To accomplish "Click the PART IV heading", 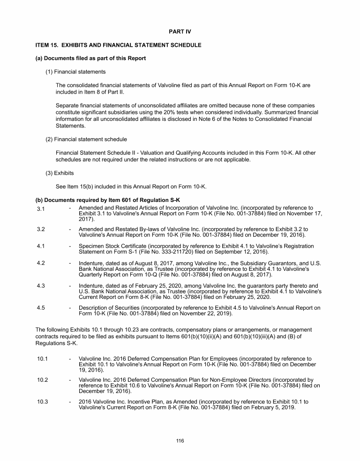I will click(180, 31).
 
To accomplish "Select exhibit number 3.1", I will click(41, 208).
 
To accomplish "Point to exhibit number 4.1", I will click(41, 246).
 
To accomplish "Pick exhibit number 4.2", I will click(41, 263).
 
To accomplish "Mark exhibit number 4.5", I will click(41, 308).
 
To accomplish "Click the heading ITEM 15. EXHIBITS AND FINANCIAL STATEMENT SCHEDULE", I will click(119, 45).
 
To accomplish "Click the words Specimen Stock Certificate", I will click(112, 246).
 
